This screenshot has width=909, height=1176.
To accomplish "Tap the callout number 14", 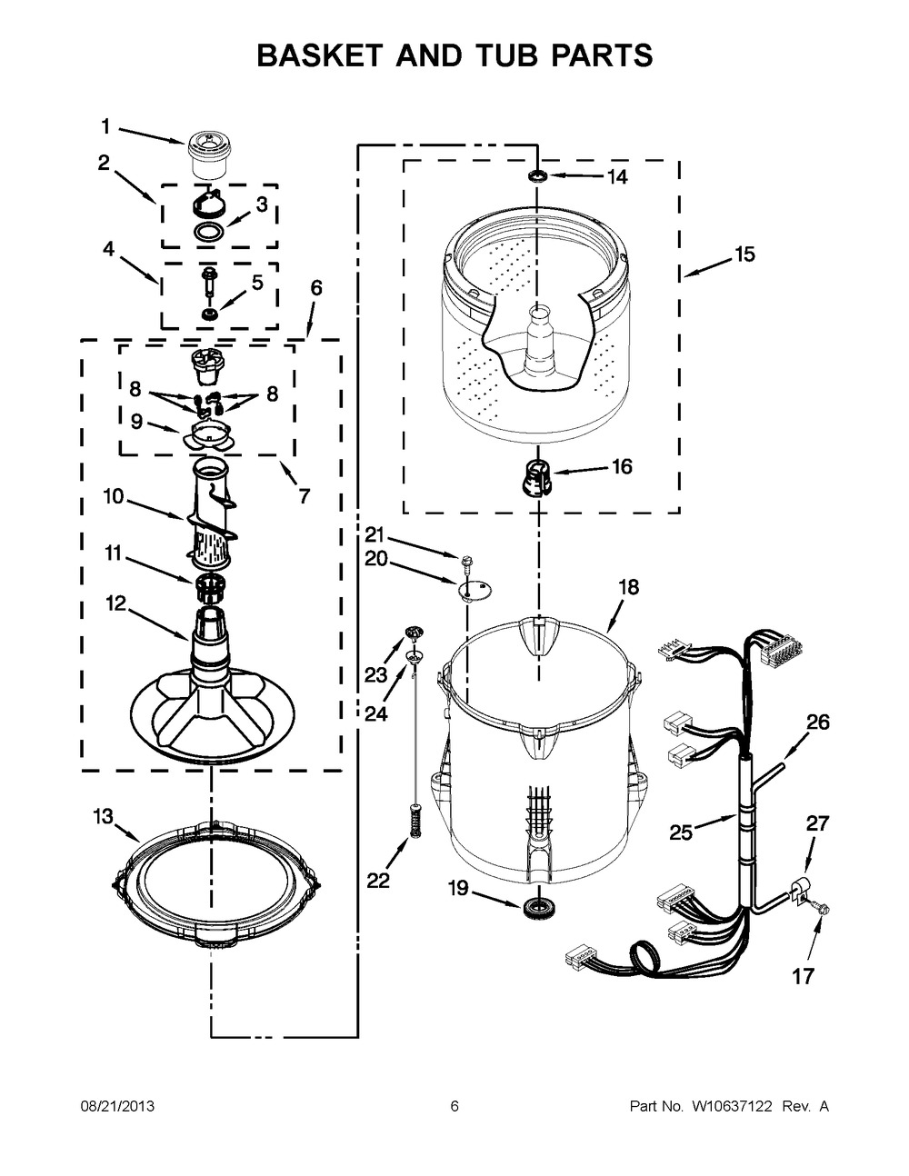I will pos(617,177).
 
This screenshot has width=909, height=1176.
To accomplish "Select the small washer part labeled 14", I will pos(537,174).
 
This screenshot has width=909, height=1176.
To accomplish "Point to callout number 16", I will pos(622,467).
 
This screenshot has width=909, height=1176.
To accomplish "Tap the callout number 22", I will pos(377,880).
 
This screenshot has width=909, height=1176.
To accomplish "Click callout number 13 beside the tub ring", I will pos(103,816).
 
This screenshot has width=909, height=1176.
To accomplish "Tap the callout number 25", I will pos(681,831).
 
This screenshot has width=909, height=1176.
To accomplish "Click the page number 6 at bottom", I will pos(454,1107).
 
